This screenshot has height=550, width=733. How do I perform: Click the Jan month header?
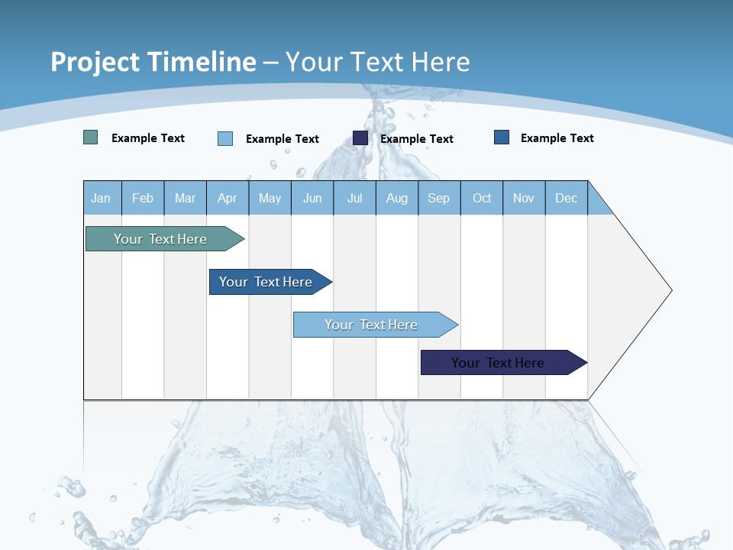(101, 198)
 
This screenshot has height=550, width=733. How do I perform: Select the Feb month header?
(143, 198)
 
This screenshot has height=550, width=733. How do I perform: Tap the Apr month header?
(227, 198)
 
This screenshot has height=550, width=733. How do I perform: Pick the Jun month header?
(312, 198)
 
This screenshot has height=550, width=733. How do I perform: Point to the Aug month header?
(396, 198)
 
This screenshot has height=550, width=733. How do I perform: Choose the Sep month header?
(438, 198)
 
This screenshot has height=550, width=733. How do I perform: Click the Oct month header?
(482, 198)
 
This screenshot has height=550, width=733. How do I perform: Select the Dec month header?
(566, 198)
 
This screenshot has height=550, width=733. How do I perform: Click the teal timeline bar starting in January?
(161, 239)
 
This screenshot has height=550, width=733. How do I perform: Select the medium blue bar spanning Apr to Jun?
(266, 282)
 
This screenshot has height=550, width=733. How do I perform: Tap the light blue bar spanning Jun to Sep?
(372, 325)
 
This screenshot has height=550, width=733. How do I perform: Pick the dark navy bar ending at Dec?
(499, 363)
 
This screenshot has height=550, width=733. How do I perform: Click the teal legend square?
(90, 137)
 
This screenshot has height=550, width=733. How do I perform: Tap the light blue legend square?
(225, 138)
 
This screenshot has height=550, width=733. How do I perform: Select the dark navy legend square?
(360, 137)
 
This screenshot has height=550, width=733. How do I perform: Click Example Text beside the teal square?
(148, 138)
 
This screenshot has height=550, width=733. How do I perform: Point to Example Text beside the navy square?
(417, 139)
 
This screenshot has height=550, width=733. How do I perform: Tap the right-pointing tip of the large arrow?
(669, 290)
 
